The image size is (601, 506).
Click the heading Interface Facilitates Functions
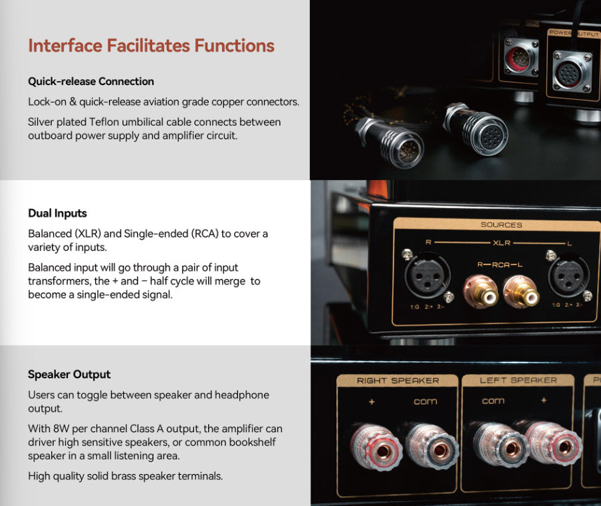[x=151, y=46]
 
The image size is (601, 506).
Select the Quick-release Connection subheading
[x=91, y=82]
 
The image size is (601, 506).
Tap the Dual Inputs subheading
[x=57, y=213]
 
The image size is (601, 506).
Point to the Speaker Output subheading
[x=69, y=375]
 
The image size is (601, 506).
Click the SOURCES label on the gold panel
[x=501, y=225]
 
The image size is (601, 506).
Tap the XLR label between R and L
[x=501, y=243]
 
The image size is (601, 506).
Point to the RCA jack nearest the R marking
[x=481, y=292]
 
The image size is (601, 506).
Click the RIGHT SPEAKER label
[x=398, y=381]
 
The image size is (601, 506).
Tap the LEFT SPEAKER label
[x=518, y=380]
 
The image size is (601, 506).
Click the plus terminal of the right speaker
[x=376, y=447]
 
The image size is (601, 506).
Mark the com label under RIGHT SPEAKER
[x=425, y=402]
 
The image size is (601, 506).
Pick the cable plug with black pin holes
[x=477, y=129]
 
